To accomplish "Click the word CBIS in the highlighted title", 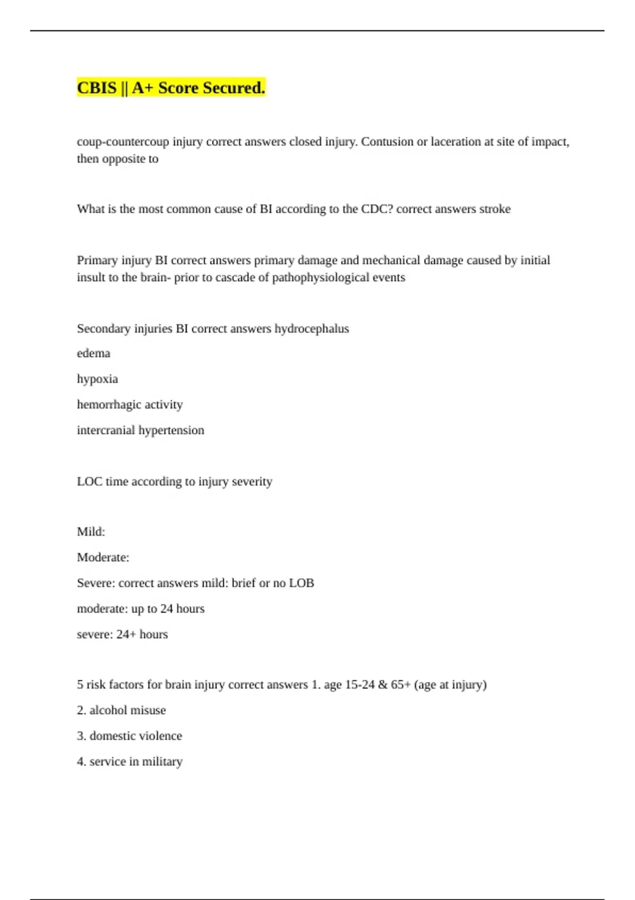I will tap(96, 88).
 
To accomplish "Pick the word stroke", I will tap(495, 209).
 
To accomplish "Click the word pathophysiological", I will tap(320, 277).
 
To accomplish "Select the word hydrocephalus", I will tap(312, 329).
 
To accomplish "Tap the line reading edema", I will tap(94, 354).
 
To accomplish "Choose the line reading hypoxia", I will tap(97, 380).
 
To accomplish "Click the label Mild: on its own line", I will tap(91, 532).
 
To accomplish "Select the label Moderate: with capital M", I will tap(103, 557).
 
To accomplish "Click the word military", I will tap(162, 762).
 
